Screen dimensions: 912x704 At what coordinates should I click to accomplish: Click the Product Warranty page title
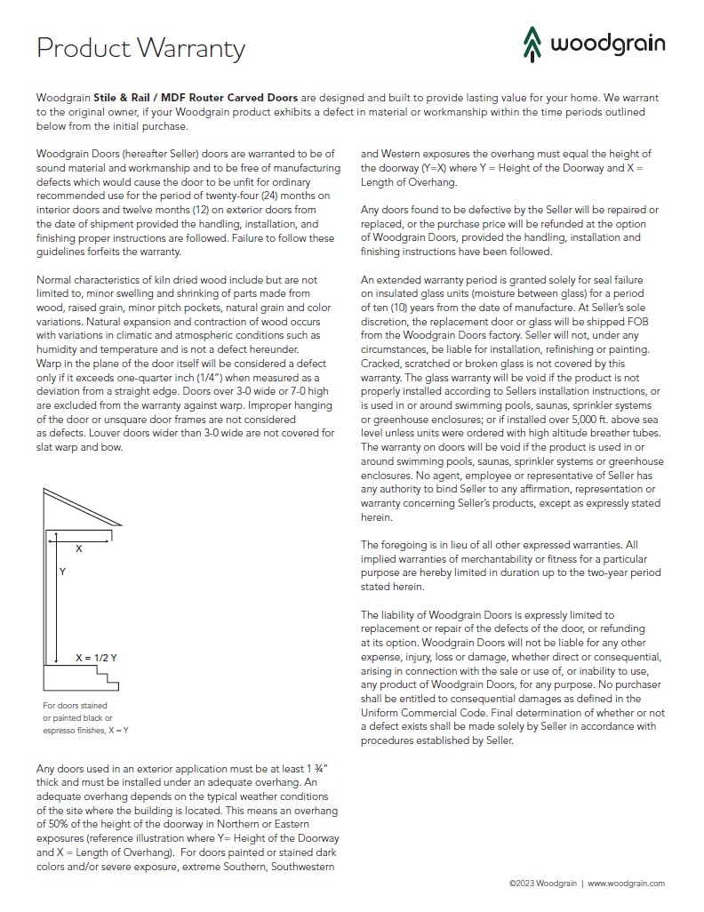click(x=140, y=47)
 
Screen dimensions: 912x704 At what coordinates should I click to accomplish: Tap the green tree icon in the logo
click(x=532, y=42)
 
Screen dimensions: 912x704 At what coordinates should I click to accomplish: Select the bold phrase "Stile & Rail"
click(x=123, y=97)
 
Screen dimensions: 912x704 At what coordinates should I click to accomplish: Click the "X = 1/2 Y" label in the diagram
click(x=96, y=658)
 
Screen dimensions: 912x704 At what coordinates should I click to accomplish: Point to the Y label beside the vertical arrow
click(x=62, y=572)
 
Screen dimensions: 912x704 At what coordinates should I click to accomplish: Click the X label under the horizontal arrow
click(x=78, y=549)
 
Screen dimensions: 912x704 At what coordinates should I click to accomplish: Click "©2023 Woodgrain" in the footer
click(x=542, y=884)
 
